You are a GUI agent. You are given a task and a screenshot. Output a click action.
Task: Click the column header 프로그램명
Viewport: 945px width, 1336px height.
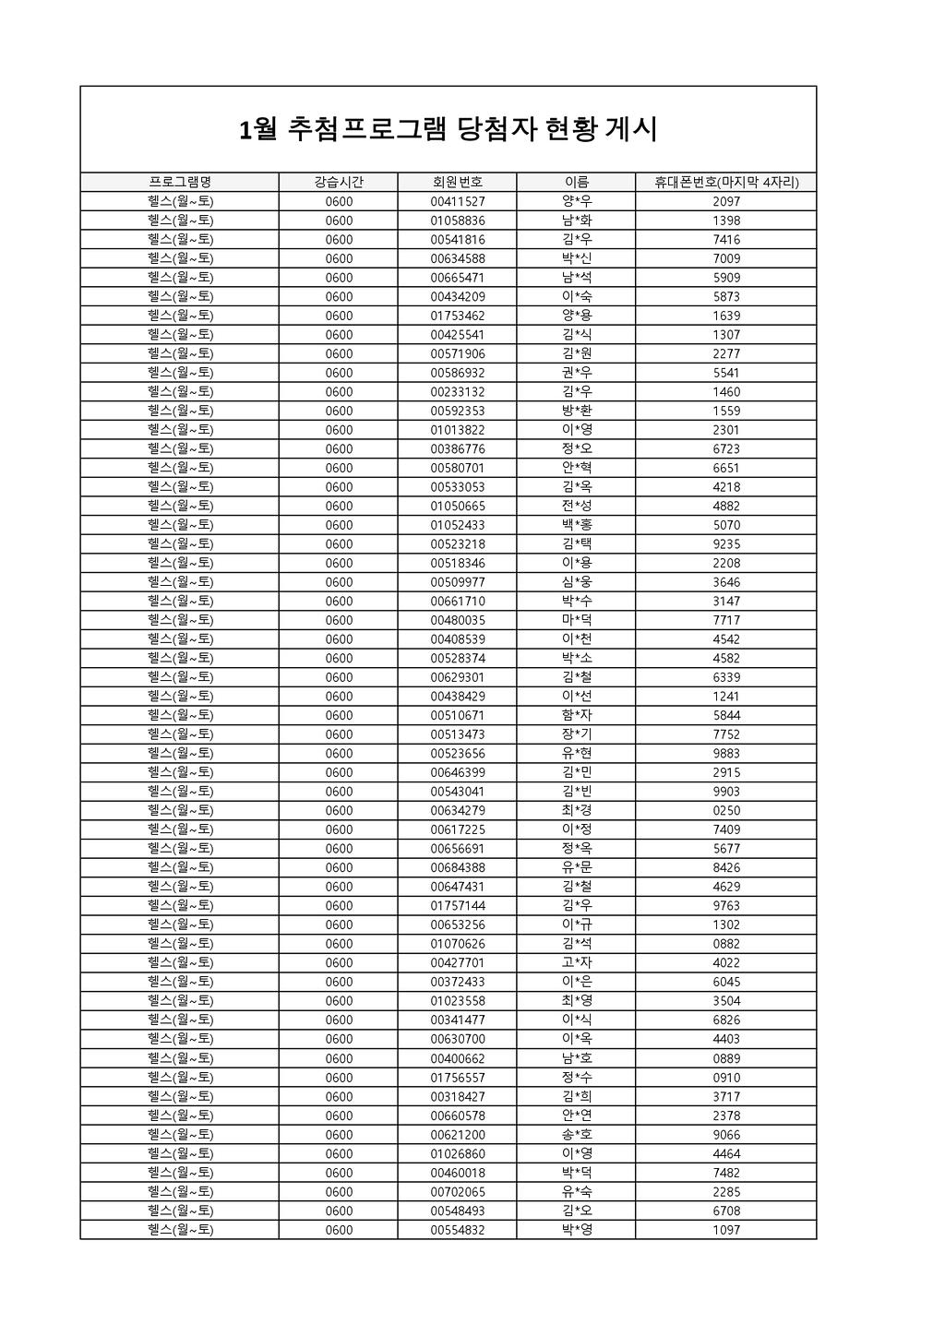(x=180, y=183)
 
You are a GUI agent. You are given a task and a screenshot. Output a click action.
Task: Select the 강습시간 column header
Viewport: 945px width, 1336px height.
(x=339, y=183)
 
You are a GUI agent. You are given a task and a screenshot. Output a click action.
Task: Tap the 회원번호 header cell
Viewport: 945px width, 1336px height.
(x=457, y=183)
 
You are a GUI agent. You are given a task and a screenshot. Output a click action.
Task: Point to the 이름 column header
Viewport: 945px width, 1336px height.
(x=577, y=183)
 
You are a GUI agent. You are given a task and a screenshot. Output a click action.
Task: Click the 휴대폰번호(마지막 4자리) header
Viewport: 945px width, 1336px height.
(x=726, y=183)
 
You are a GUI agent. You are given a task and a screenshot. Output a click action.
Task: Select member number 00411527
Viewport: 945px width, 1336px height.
(x=457, y=201)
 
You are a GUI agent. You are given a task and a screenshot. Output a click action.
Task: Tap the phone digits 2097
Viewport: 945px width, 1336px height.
(x=726, y=201)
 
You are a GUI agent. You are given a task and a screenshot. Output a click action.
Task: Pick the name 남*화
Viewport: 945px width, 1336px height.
(x=577, y=221)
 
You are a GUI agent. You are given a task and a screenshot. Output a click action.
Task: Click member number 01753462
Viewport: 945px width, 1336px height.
(x=457, y=316)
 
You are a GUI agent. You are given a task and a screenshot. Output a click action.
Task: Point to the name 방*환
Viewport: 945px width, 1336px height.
(x=577, y=411)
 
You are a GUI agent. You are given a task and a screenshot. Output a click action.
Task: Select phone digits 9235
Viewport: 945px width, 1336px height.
(x=726, y=544)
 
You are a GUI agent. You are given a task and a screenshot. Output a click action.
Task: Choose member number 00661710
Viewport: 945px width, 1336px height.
(x=457, y=601)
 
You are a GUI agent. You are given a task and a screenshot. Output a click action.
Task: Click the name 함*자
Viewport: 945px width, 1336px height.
(x=577, y=715)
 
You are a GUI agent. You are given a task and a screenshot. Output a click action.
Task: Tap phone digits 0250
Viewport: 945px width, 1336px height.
(x=726, y=810)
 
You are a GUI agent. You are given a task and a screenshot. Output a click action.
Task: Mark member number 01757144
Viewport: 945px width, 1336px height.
(x=457, y=905)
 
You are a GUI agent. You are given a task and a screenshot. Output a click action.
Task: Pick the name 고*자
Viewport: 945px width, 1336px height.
(x=577, y=962)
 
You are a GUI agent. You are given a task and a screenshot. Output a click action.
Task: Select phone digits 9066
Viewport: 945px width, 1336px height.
(x=726, y=1134)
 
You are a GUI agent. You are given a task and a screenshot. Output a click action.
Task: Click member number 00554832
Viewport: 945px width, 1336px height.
(x=457, y=1229)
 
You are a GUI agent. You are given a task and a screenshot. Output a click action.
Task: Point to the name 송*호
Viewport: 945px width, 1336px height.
(x=577, y=1134)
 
